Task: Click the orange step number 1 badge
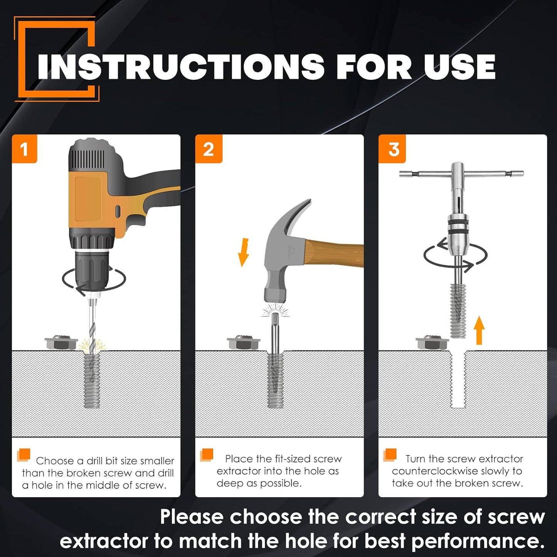pos(25,149)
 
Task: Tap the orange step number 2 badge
pos(209,149)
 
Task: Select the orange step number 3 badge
pos(392,149)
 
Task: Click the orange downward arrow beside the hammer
pos(244,252)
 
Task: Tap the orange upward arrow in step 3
pos(479,330)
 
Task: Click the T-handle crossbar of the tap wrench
pos(462,174)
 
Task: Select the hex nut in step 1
pos(61,342)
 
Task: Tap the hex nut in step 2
pos(243,342)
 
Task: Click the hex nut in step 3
pos(432,342)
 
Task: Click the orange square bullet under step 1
pos(24,455)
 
